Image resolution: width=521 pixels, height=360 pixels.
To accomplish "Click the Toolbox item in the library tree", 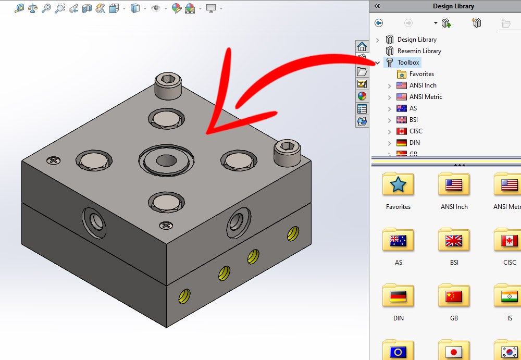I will click(408, 63).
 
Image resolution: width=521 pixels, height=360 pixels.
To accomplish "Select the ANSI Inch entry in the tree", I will click(423, 85).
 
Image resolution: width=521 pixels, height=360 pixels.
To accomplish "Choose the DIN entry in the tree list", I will click(415, 143).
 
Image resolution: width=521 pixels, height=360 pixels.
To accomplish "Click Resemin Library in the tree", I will click(419, 51).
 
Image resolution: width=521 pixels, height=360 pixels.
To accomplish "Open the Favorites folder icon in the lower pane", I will click(398, 184).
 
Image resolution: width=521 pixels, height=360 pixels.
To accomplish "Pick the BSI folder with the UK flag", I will click(454, 240).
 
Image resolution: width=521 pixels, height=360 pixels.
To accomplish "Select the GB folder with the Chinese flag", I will click(454, 296).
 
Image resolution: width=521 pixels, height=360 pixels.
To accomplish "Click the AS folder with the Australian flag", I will click(398, 240).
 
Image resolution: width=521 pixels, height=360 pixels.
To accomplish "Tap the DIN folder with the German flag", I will click(398, 296).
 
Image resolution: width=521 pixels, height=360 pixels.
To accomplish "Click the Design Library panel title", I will click(453, 6).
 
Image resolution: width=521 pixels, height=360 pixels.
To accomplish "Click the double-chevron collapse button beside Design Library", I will click(377, 6).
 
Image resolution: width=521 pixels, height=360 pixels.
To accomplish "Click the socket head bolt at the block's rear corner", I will click(168, 86).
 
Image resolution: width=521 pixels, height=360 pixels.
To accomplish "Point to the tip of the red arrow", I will click(207, 132).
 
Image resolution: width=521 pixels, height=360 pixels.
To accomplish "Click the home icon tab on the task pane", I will click(362, 47).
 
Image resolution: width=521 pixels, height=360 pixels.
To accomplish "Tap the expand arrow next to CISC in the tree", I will click(389, 131).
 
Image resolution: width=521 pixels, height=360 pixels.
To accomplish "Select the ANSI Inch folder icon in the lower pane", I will click(454, 184).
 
